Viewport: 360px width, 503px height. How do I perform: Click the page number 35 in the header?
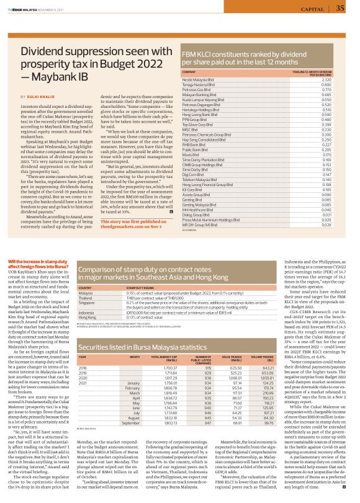point(340,8)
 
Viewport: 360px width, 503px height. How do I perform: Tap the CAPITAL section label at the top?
point(312,9)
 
